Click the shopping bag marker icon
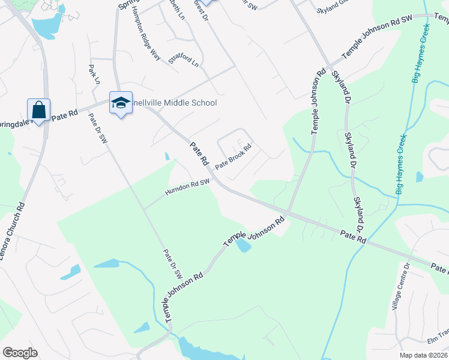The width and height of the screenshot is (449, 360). (x=38, y=110)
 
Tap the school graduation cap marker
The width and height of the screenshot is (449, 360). (x=120, y=103)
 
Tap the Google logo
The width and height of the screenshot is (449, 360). (x=20, y=353)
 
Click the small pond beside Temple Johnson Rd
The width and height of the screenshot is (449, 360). (x=243, y=245)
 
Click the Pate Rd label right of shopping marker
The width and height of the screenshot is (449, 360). (x=65, y=113)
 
